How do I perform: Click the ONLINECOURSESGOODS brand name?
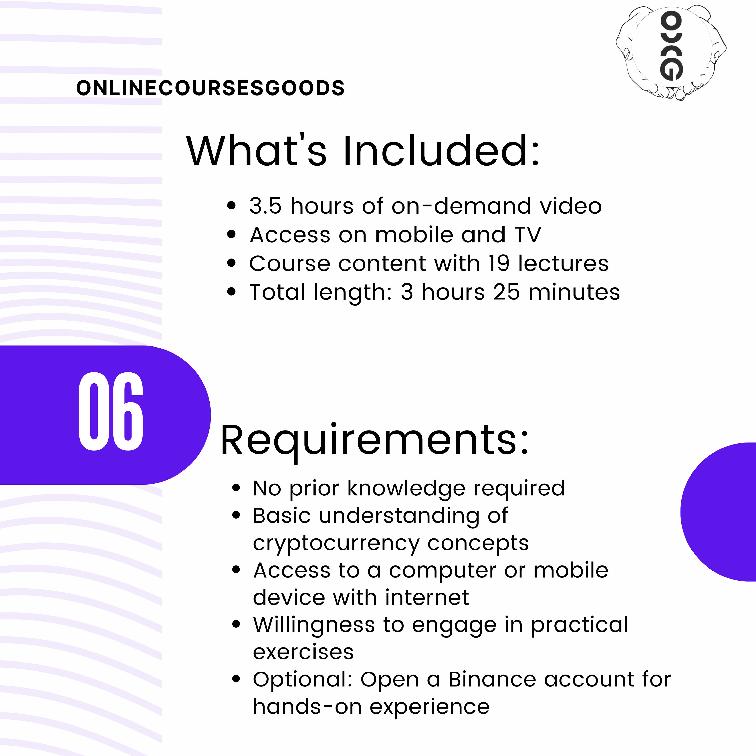tap(210, 88)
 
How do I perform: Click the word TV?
tap(528, 235)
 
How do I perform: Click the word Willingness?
tap(314, 625)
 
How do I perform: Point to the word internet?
tap(427, 597)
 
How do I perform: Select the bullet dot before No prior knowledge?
tap(236, 488)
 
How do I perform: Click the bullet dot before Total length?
tap(232, 292)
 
